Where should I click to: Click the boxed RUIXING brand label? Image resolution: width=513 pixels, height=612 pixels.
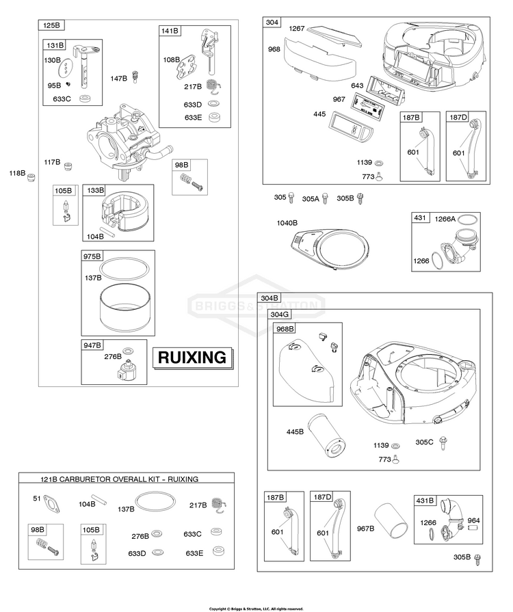click(192, 357)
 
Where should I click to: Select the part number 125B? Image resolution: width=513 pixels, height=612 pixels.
click(51, 26)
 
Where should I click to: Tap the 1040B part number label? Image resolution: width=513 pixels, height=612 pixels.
click(287, 223)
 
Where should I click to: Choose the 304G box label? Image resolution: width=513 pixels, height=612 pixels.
click(280, 314)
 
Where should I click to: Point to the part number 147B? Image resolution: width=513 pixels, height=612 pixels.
click(118, 79)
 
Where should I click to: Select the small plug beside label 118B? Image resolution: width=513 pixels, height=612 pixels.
click(30, 177)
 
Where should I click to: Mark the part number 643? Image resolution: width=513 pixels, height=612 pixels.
click(357, 85)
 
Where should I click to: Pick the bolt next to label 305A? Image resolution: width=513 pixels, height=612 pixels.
click(326, 198)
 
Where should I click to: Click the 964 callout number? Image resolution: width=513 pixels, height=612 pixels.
click(473, 520)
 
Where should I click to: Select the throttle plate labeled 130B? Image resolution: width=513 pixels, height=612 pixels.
click(64, 69)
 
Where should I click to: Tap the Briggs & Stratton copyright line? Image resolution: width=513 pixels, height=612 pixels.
click(256, 608)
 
